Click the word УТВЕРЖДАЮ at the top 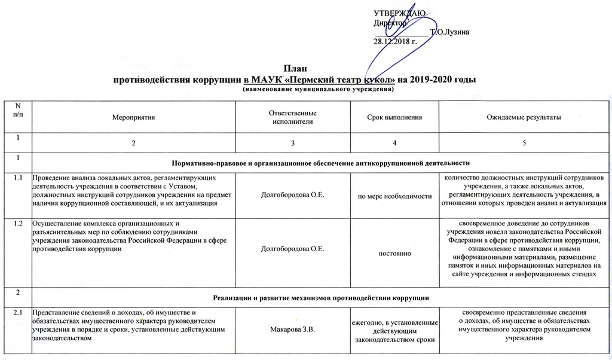(399, 13)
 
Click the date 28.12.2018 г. (395, 41)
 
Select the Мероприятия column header (134, 117)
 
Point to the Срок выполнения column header (394, 117)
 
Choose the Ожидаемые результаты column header (524, 117)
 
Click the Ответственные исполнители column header (293, 117)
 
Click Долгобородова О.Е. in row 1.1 (293, 196)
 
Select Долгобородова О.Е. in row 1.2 (293, 249)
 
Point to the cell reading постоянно (394, 254)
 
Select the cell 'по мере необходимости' (394, 196)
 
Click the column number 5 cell (524, 143)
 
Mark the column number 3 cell (293, 143)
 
